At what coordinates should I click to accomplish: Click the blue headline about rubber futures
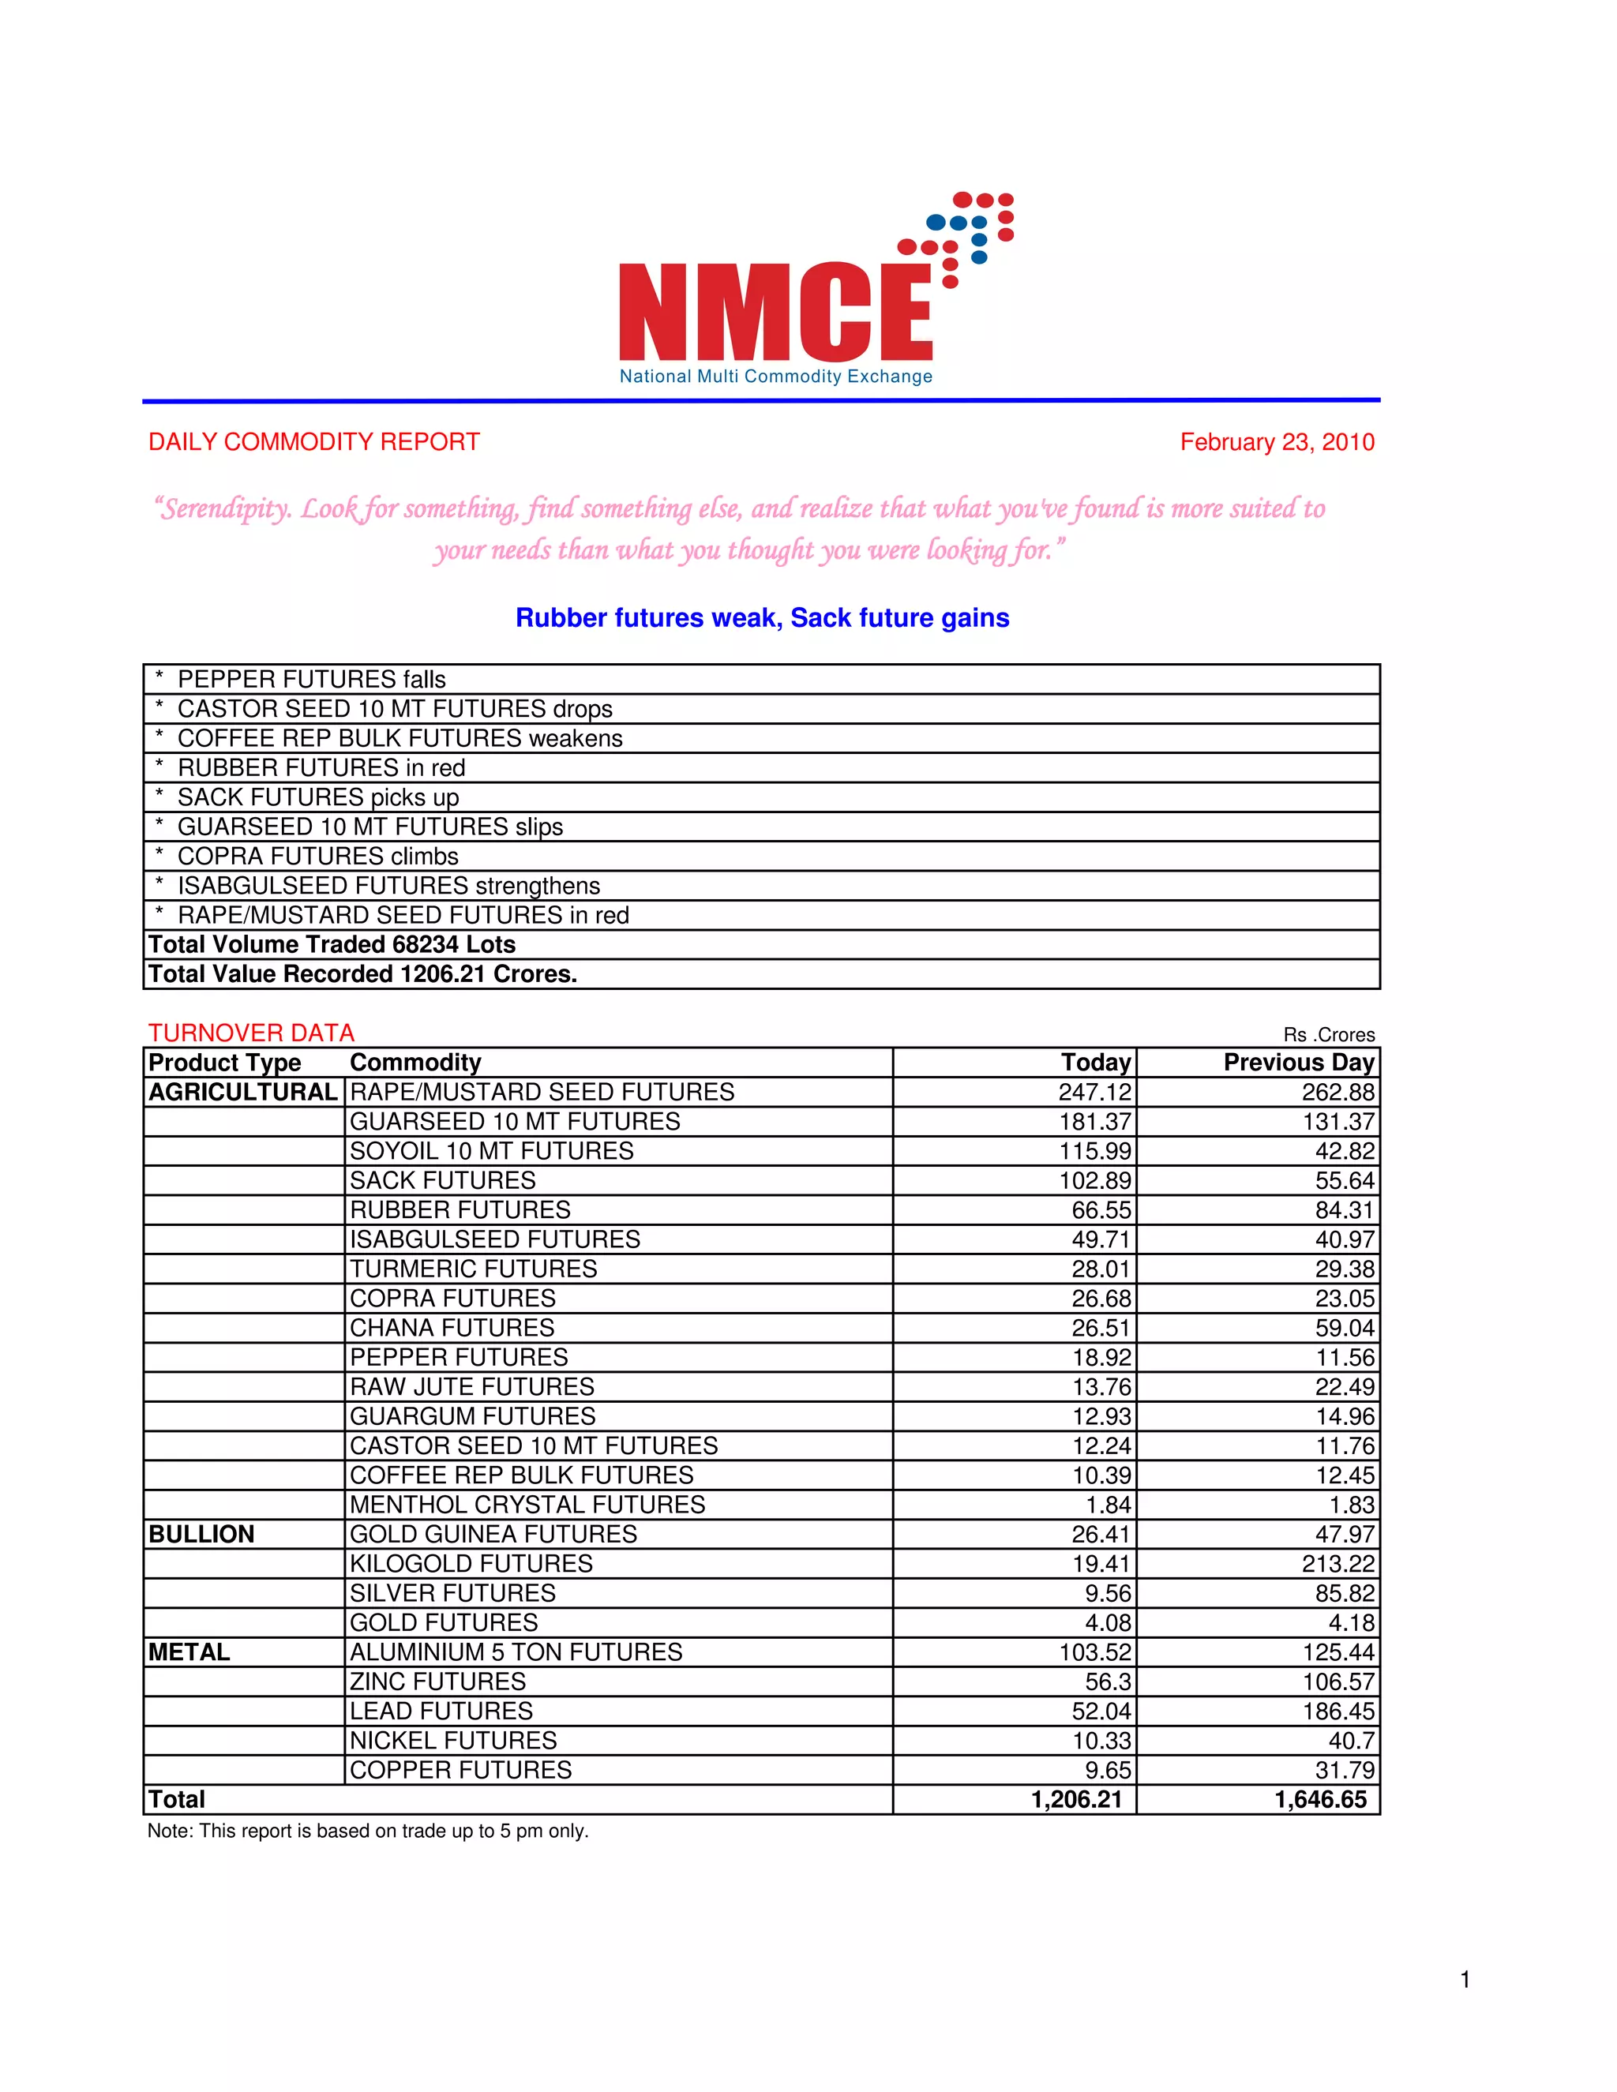tap(762, 618)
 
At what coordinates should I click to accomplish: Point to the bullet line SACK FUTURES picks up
tap(318, 797)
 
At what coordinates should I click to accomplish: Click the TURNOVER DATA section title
tap(251, 1033)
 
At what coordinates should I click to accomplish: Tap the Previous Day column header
tap(1298, 1063)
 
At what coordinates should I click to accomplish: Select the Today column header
tap(1096, 1063)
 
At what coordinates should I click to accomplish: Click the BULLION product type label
tap(201, 1535)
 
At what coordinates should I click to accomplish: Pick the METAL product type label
tap(189, 1652)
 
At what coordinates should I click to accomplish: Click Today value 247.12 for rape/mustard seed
tap(1094, 1092)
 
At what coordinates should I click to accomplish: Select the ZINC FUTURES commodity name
tap(437, 1682)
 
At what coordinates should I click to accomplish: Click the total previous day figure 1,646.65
tap(1320, 1800)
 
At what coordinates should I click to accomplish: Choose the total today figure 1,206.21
tap(1076, 1800)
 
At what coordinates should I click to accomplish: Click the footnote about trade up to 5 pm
tap(368, 1831)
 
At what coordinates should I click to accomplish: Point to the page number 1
tap(1465, 1980)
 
